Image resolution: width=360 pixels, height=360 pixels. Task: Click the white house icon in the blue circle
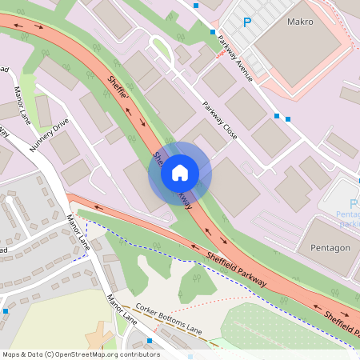179,173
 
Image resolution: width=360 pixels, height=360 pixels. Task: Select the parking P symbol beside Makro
246,24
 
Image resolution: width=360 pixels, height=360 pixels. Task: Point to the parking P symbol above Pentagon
354,204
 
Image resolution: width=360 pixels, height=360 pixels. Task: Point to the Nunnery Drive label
50,134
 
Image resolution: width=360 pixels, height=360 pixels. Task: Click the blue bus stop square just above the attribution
149,342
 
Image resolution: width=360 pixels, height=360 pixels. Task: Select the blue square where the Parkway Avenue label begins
213,32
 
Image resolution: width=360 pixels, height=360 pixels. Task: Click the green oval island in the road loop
162,50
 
